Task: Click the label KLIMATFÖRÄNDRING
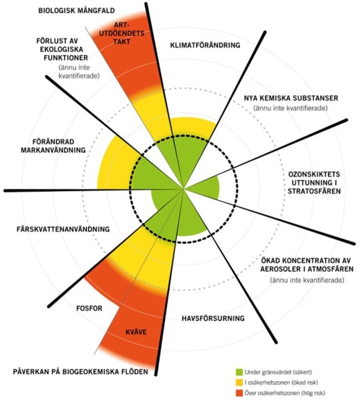[205, 45]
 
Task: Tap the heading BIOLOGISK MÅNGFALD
[76, 10]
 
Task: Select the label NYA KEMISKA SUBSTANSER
[291, 98]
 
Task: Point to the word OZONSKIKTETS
[314, 174]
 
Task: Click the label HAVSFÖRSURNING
[213, 319]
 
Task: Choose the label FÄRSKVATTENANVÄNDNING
[63, 229]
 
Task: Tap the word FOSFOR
[89, 308]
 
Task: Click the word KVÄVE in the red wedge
[136, 332]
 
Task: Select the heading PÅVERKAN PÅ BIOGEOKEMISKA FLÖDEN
[80, 371]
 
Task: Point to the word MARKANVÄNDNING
[53, 150]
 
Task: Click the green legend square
[239, 372]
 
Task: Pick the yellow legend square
[239, 383]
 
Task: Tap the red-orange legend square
[239, 393]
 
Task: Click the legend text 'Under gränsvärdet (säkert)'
[278, 372]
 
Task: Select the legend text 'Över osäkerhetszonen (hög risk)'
[285, 393]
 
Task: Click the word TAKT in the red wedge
[121, 42]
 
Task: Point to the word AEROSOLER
[281, 269]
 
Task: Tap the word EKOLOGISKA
[62, 49]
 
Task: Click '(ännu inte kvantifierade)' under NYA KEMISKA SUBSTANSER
[291, 108]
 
